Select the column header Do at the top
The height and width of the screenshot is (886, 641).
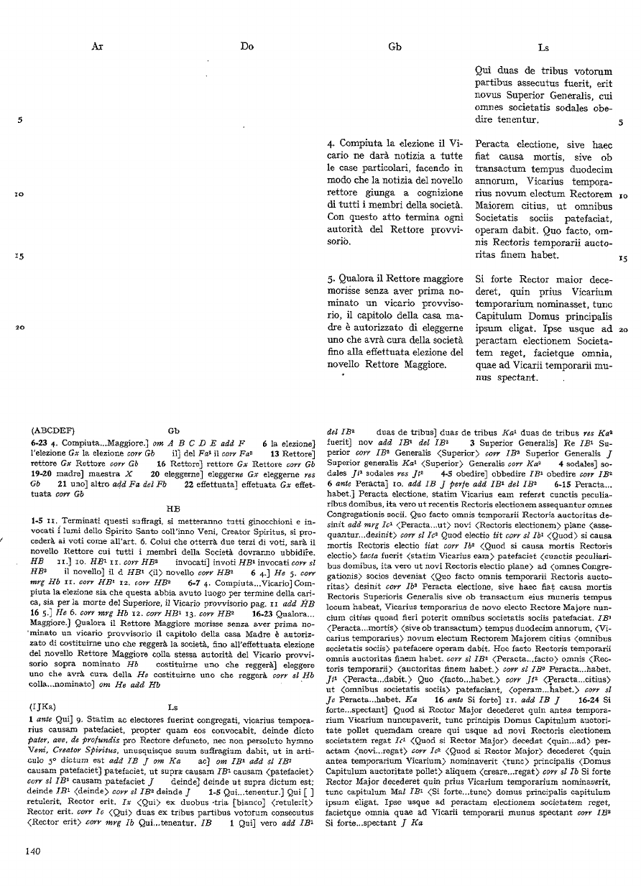click(x=247, y=47)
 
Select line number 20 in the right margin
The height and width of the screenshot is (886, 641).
click(x=623, y=329)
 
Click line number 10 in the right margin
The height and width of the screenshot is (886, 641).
click(x=623, y=195)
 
